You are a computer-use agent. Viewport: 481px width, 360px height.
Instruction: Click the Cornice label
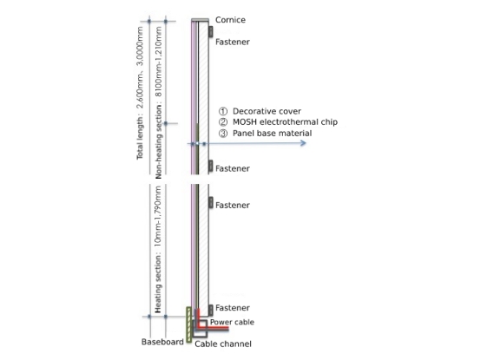click(x=230, y=20)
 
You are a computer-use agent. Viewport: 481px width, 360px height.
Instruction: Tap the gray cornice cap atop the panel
click(x=200, y=20)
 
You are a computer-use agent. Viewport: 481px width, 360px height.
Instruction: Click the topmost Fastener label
click(x=233, y=42)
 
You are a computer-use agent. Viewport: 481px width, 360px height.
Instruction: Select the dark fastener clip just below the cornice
click(x=211, y=31)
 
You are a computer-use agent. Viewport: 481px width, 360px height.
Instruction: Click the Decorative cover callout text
click(x=267, y=111)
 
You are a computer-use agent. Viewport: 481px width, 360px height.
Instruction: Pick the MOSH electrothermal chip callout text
click(x=285, y=122)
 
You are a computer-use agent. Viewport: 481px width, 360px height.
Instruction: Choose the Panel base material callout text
click(x=272, y=134)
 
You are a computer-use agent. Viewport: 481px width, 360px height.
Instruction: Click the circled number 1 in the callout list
click(x=223, y=111)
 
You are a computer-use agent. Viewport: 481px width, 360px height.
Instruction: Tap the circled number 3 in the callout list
click(x=223, y=134)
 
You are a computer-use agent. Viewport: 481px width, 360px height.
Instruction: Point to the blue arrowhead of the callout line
click(x=304, y=143)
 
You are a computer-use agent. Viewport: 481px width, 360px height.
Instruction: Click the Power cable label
click(x=232, y=322)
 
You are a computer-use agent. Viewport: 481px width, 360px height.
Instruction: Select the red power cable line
click(x=212, y=328)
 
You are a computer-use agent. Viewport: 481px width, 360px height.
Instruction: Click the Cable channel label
click(x=223, y=344)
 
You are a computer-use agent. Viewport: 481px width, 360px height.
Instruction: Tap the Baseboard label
click(x=162, y=342)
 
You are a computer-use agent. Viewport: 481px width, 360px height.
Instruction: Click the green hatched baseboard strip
click(x=188, y=324)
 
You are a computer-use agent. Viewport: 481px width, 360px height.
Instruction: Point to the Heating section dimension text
click(x=158, y=249)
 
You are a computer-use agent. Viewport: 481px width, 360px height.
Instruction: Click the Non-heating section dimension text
click(x=158, y=102)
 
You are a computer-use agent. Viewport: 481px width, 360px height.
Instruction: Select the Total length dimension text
click(x=140, y=93)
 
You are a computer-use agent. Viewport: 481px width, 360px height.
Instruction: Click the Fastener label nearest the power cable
click(x=233, y=308)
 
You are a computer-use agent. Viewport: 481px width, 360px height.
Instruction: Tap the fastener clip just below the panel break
click(x=211, y=203)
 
